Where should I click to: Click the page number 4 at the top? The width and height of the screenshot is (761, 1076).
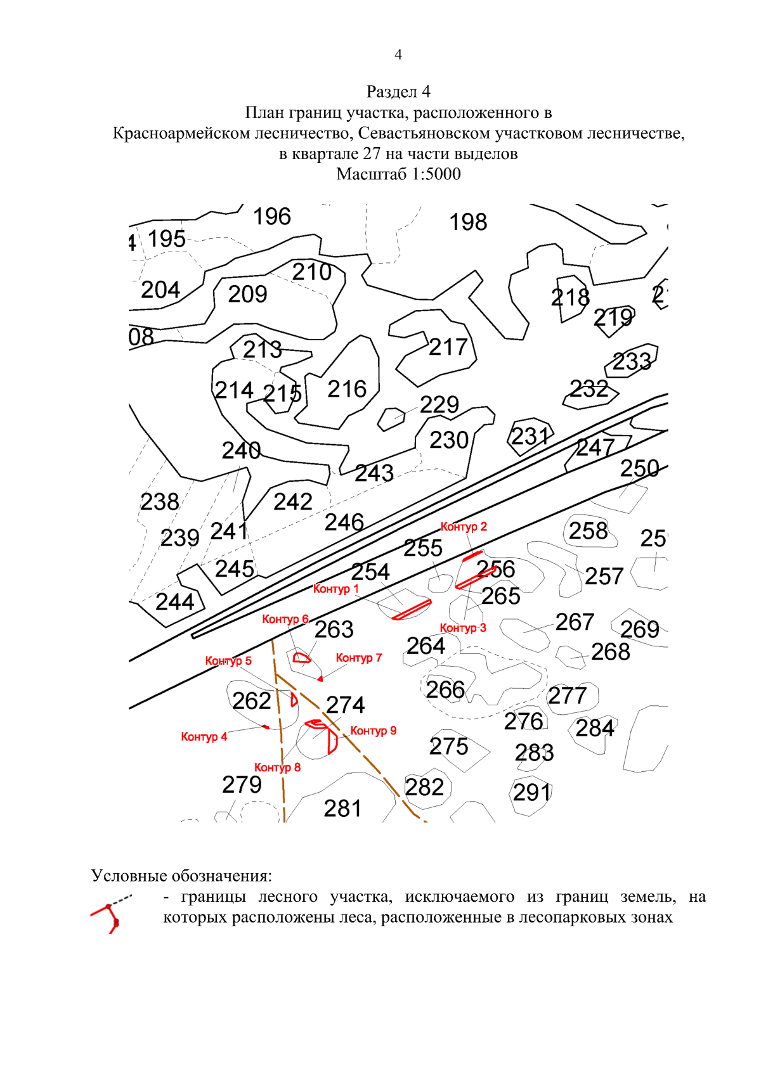pyautogui.click(x=398, y=55)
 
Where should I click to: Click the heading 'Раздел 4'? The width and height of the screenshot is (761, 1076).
pyautogui.click(x=398, y=92)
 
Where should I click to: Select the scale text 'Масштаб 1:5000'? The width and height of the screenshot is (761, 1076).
pyautogui.click(x=398, y=174)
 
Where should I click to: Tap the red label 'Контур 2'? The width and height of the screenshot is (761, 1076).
pyautogui.click(x=464, y=527)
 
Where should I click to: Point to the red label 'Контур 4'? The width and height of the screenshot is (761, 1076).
pyautogui.click(x=204, y=736)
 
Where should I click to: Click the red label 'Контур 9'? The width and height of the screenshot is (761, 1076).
pyautogui.click(x=373, y=731)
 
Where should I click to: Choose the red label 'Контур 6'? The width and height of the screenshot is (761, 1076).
pyautogui.click(x=285, y=619)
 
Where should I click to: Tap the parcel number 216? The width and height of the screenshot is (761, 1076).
pyautogui.click(x=347, y=389)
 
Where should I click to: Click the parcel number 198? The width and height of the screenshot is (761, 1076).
pyautogui.click(x=468, y=222)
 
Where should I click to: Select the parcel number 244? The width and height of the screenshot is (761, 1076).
pyautogui.click(x=174, y=602)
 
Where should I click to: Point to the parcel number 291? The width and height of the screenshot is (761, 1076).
pyautogui.click(x=531, y=792)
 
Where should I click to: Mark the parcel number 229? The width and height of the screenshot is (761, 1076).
pyautogui.click(x=439, y=404)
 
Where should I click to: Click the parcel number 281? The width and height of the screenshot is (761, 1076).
pyautogui.click(x=342, y=809)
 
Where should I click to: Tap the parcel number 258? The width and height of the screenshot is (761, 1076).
pyautogui.click(x=588, y=531)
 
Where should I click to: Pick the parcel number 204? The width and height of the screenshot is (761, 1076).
pyautogui.click(x=160, y=290)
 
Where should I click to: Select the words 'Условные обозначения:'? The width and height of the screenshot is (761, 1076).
pyautogui.click(x=181, y=876)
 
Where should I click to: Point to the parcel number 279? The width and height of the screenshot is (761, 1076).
pyautogui.click(x=242, y=785)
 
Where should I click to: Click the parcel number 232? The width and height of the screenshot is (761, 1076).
pyautogui.click(x=589, y=389)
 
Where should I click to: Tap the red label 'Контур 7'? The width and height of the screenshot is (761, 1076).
pyautogui.click(x=358, y=658)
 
